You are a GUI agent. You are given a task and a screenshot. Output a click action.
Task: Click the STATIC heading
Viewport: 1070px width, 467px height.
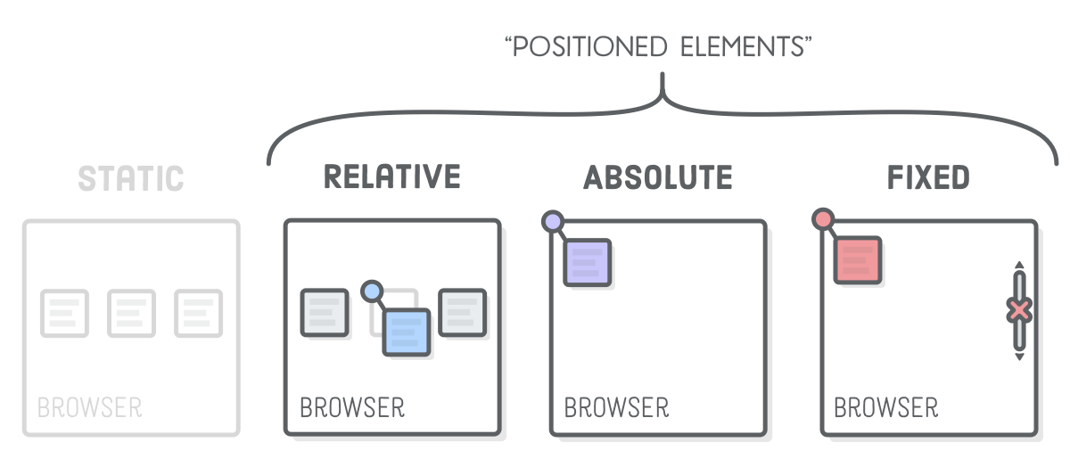[x=131, y=178]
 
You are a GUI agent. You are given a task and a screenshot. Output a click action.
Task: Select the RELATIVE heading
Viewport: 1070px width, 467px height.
[x=391, y=176]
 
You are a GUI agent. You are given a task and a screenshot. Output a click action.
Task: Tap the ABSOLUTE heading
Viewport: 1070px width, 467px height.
[x=657, y=177]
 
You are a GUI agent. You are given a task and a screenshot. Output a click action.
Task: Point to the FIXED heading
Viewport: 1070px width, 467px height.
[x=928, y=177]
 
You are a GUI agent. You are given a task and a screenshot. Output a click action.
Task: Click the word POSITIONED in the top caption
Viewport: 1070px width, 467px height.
[x=588, y=47]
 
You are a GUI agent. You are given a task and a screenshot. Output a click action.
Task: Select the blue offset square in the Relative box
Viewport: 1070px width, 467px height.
[x=407, y=332]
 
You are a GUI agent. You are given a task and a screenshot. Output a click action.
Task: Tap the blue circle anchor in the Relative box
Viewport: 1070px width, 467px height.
[x=372, y=291]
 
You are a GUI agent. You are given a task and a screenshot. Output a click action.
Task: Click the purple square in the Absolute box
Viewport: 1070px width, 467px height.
[x=587, y=262]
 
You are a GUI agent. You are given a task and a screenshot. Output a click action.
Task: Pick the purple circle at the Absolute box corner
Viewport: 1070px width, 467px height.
[x=553, y=222]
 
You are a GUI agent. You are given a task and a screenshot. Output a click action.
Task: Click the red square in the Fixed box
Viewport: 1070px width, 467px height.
[x=857, y=260]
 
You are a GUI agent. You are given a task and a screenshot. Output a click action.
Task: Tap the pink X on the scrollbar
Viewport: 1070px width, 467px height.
[x=1019, y=310]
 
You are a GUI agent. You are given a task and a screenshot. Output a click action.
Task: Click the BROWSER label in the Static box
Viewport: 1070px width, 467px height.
[x=89, y=408]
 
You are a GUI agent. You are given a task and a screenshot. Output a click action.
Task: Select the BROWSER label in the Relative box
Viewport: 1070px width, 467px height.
[x=352, y=408]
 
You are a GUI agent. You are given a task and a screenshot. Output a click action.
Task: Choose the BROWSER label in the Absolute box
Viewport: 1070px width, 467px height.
[x=616, y=408]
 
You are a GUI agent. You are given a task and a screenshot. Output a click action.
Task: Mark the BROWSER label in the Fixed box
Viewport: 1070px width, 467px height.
[x=885, y=408]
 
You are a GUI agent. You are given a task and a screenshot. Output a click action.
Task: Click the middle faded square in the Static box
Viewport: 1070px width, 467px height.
[x=131, y=313]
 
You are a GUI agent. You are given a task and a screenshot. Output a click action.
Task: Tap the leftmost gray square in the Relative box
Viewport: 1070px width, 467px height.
[x=324, y=312]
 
